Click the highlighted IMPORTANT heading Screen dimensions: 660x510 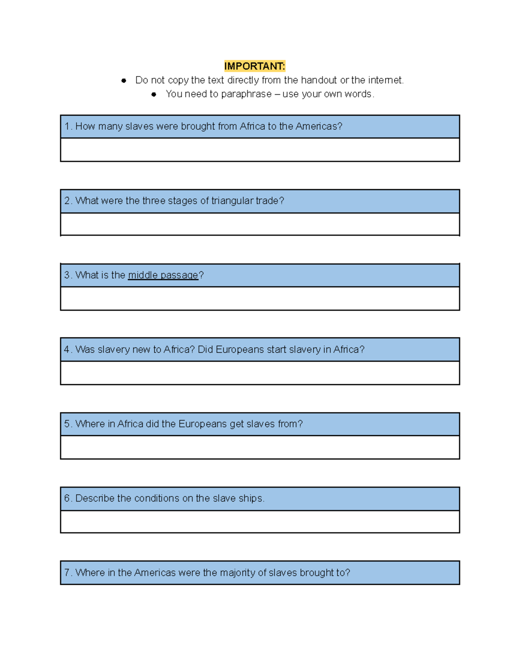tap(255, 66)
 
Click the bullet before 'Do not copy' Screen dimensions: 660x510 tap(124, 80)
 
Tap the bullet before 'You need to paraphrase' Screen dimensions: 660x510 tap(154, 94)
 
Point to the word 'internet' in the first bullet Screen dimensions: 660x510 tap(385, 80)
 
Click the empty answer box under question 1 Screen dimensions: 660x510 tap(260, 150)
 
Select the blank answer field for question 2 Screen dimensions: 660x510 tap(260, 224)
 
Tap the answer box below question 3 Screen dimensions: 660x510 tap(260, 298)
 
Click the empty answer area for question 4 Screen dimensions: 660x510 tap(260, 373)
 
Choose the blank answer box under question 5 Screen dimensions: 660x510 tap(260, 447)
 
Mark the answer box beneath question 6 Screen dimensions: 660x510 tap(260, 521)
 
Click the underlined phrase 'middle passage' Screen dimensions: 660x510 tap(163, 275)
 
